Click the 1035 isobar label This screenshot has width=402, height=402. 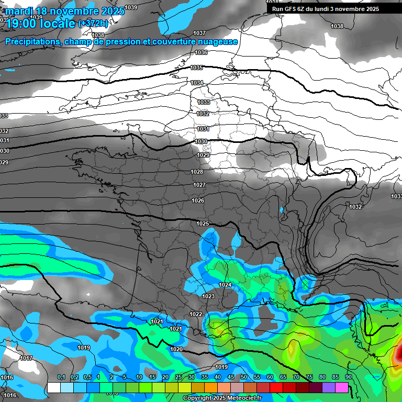[197, 68]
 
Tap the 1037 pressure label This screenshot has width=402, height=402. [199, 33]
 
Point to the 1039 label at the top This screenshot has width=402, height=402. [131, 7]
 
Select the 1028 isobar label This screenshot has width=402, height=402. [197, 172]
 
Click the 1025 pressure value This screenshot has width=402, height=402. [203, 224]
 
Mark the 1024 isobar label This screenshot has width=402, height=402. [225, 285]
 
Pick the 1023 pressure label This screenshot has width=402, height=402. [208, 296]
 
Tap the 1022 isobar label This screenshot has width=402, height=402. [196, 314]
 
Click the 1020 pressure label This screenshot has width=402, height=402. [176, 349]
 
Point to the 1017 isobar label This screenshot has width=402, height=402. [26, 358]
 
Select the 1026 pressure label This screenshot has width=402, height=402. [198, 201]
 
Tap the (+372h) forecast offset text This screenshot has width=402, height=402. [93, 23]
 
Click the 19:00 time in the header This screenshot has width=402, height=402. [21, 23]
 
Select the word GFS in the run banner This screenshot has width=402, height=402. [290, 9]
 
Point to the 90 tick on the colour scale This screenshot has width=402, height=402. [348, 377]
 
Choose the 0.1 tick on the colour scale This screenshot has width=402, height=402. [61, 377]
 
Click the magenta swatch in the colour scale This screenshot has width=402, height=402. [342, 387]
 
